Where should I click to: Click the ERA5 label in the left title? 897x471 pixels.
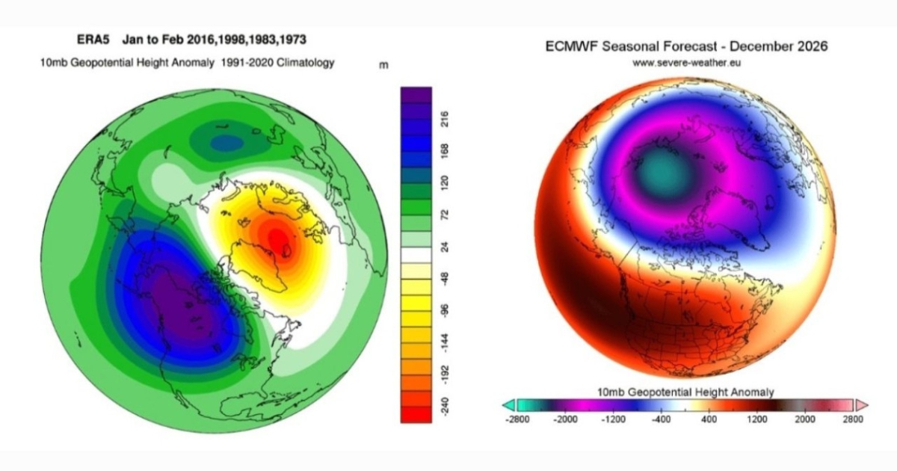tap(93, 40)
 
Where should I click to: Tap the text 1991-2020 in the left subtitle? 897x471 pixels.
tap(247, 63)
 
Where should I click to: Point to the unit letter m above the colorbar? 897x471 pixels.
tap(383, 65)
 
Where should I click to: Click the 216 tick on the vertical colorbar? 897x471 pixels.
tap(445, 120)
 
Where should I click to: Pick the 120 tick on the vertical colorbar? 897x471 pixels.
tap(445, 182)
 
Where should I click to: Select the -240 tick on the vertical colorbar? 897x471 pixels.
tap(445, 405)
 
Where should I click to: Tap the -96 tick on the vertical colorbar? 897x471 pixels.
tap(445, 310)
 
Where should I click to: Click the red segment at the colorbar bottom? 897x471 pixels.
tap(416, 414)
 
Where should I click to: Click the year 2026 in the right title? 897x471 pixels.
tap(812, 46)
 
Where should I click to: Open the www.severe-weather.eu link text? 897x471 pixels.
tap(686, 64)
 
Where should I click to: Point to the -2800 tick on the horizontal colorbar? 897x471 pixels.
tap(517, 419)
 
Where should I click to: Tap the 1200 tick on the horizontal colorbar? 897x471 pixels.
tap(756, 419)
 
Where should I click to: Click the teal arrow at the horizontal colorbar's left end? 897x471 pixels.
tap(509, 405)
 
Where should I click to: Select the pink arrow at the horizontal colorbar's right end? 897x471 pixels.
tap(861, 405)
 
